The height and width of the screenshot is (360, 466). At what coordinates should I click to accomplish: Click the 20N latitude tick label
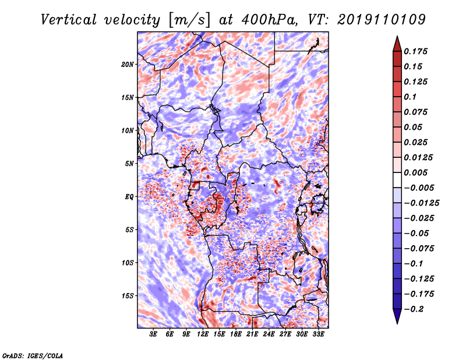127,64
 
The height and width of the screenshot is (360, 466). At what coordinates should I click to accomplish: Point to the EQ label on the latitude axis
129,197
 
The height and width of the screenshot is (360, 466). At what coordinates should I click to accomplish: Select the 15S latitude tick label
128,296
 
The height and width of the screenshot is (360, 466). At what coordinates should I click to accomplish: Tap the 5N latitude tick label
129,164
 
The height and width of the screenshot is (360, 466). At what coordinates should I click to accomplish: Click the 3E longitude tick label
153,334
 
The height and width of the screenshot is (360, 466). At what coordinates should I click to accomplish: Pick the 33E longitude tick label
318,334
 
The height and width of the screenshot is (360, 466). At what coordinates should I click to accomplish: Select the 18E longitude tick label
236,334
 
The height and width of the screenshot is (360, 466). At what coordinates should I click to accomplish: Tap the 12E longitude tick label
203,334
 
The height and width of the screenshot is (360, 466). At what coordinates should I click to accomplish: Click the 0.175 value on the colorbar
415,51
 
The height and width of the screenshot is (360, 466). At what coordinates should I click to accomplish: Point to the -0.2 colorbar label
414,309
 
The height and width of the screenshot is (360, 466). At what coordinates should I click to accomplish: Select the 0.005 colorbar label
415,172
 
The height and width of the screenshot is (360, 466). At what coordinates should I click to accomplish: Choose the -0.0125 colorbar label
421,203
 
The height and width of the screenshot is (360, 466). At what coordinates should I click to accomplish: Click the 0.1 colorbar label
410,97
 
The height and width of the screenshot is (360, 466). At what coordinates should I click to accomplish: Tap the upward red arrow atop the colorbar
397,44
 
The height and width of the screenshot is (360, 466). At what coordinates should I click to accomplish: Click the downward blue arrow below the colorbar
397,316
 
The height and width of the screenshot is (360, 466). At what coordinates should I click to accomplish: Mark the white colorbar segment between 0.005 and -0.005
397,180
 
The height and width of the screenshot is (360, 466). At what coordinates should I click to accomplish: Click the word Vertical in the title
69,20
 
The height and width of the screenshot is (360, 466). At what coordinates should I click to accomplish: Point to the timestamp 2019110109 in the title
382,20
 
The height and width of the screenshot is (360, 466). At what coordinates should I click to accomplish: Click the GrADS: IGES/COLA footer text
33,355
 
